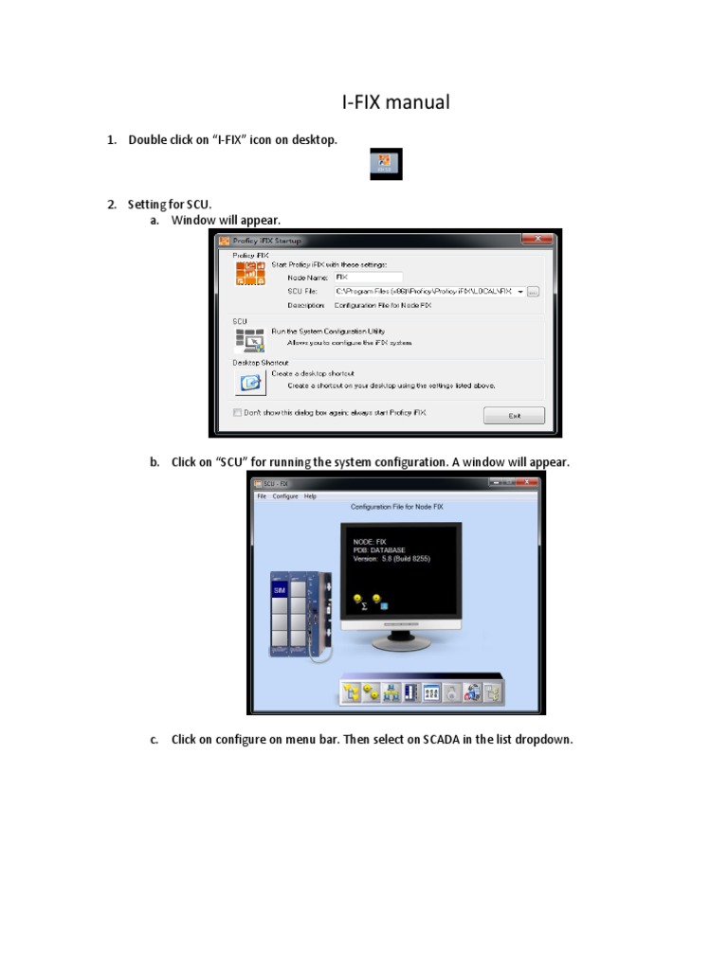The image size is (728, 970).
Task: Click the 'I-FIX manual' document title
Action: (395, 102)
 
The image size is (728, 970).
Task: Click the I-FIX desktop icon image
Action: (386, 164)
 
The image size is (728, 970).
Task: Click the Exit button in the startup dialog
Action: (514, 415)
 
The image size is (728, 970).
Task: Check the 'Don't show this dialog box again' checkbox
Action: (238, 413)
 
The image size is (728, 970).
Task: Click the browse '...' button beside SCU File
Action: (533, 292)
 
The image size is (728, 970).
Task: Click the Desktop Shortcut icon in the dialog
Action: (248, 381)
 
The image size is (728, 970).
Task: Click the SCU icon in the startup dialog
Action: (248, 338)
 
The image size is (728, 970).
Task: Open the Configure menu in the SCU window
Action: (285, 496)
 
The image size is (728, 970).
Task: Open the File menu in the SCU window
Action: (262, 496)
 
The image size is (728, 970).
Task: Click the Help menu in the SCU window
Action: (310, 496)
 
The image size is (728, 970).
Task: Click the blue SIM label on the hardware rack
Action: (280, 590)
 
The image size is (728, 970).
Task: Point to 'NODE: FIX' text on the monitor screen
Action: (370, 542)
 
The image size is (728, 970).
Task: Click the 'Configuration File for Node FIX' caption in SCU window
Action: (397, 507)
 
